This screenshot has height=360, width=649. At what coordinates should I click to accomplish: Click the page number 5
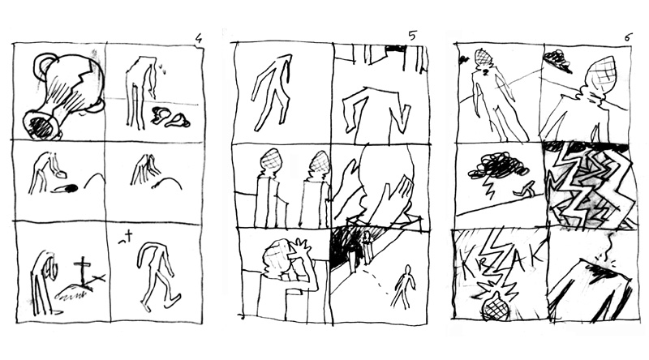click(x=412, y=35)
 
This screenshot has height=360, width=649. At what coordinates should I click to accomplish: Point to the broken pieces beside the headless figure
click(x=170, y=117)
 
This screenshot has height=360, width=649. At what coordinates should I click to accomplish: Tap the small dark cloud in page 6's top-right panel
click(x=556, y=58)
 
